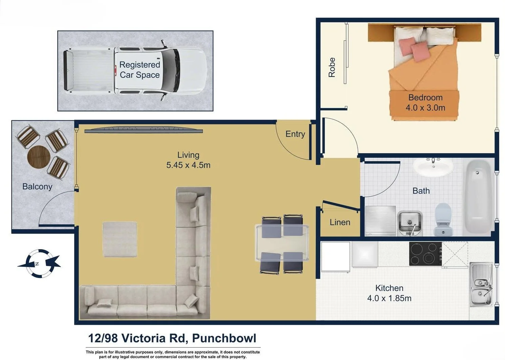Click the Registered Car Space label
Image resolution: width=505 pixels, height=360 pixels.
coord(140,70)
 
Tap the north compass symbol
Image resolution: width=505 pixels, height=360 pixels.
coord(39,263)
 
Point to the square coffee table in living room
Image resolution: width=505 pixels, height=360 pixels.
coord(120,239)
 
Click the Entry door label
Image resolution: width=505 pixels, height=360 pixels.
coord(295,134)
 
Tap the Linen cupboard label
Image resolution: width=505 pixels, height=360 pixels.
coord(340,222)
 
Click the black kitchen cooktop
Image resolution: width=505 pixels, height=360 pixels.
coord(425,254)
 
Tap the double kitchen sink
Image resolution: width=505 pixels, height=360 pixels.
coord(481,285)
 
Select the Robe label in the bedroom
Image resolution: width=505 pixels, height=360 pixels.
coord(332,67)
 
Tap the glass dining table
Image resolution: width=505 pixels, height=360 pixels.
coord(282,243)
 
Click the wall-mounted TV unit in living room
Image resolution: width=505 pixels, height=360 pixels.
coord(144,130)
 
